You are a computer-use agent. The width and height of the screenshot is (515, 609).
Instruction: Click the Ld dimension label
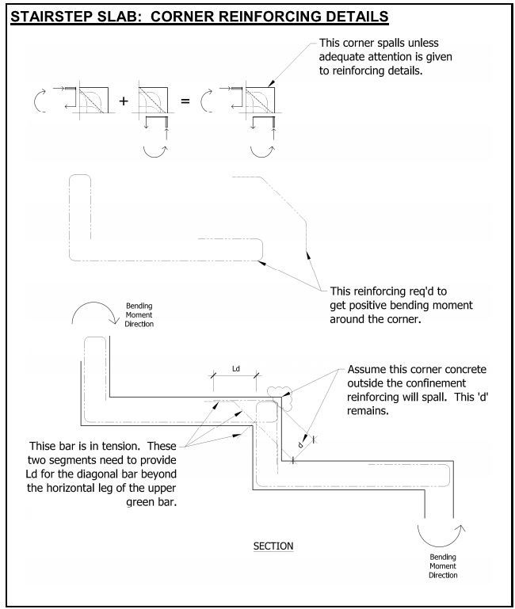click(235, 368)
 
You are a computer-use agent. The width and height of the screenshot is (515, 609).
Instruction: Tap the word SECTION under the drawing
click(273, 546)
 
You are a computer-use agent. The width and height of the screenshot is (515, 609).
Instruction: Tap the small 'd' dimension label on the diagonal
click(300, 445)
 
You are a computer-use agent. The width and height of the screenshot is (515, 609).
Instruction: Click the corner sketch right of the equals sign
click(245, 101)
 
